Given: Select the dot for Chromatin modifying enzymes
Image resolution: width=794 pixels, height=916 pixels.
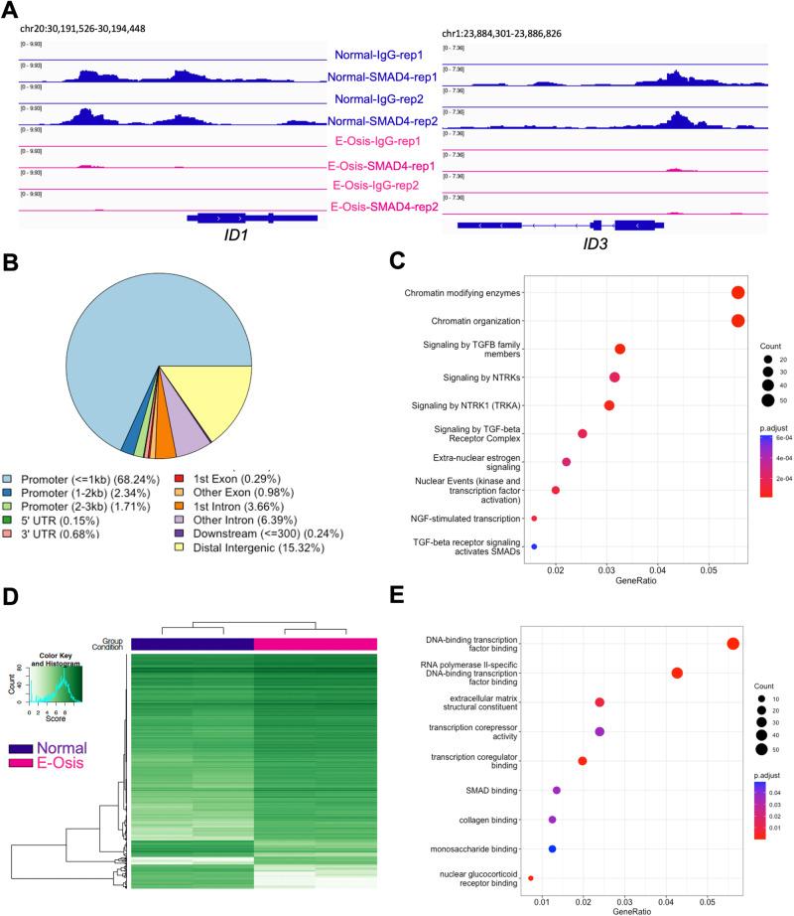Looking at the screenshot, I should (737, 292).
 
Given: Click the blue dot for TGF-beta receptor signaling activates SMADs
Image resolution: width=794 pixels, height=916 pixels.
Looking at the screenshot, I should (534, 546).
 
